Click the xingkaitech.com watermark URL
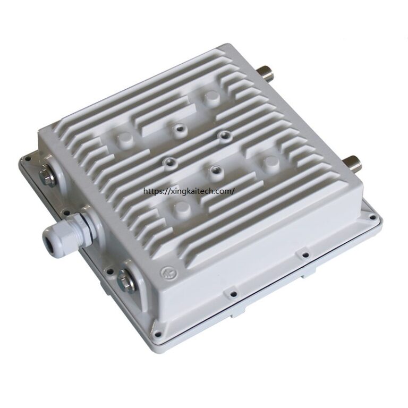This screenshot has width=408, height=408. point(189,191)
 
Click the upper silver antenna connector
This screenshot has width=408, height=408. point(266,73)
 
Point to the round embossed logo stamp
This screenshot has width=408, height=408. point(167,273)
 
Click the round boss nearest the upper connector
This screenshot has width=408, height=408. point(212,98)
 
